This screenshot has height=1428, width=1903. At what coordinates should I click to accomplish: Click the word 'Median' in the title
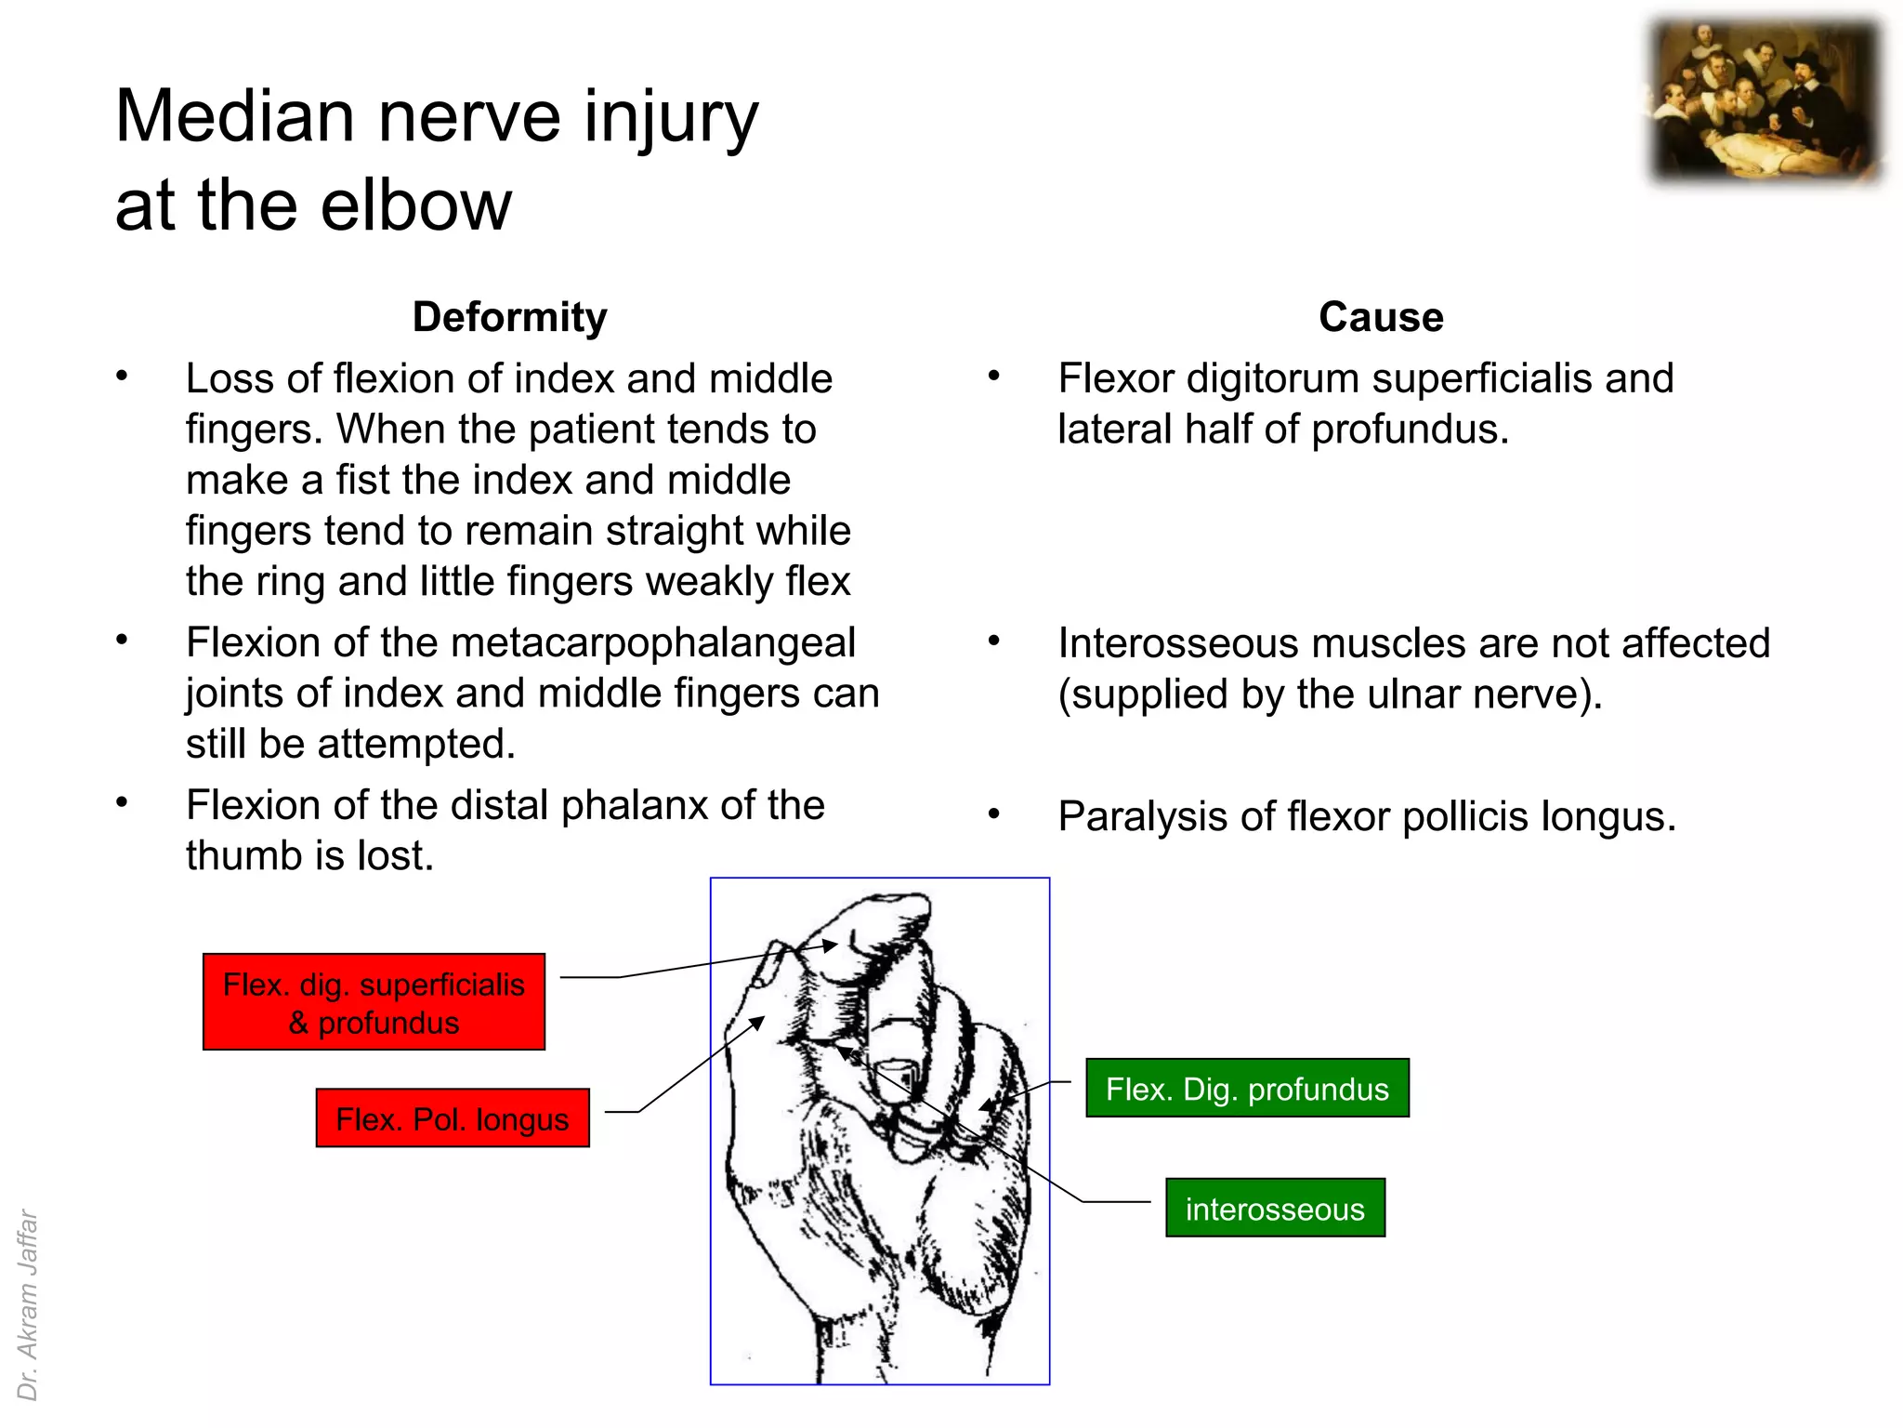click(x=234, y=117)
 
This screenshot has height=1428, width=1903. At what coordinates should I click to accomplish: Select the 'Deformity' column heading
click(x=509, y=317)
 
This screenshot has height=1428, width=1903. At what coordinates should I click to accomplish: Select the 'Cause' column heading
click(x=1381, y=317)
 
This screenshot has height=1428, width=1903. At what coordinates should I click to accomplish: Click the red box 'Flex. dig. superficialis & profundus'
click(x=374, y=1002)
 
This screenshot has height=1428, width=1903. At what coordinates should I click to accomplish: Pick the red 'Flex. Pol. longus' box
click(x=453, y=1118)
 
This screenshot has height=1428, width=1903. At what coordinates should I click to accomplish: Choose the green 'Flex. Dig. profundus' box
click(x=1247, y=1089)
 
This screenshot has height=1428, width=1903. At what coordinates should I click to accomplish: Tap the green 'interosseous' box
click(x=1275, y=1209)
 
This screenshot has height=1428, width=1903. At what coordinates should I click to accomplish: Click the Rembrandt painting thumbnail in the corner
click(x=1765, y=101)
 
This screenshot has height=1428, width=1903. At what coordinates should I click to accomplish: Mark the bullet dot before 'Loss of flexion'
click(x=122, y=377)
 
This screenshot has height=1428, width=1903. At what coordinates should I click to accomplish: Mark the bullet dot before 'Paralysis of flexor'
click(x=993, y=815)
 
